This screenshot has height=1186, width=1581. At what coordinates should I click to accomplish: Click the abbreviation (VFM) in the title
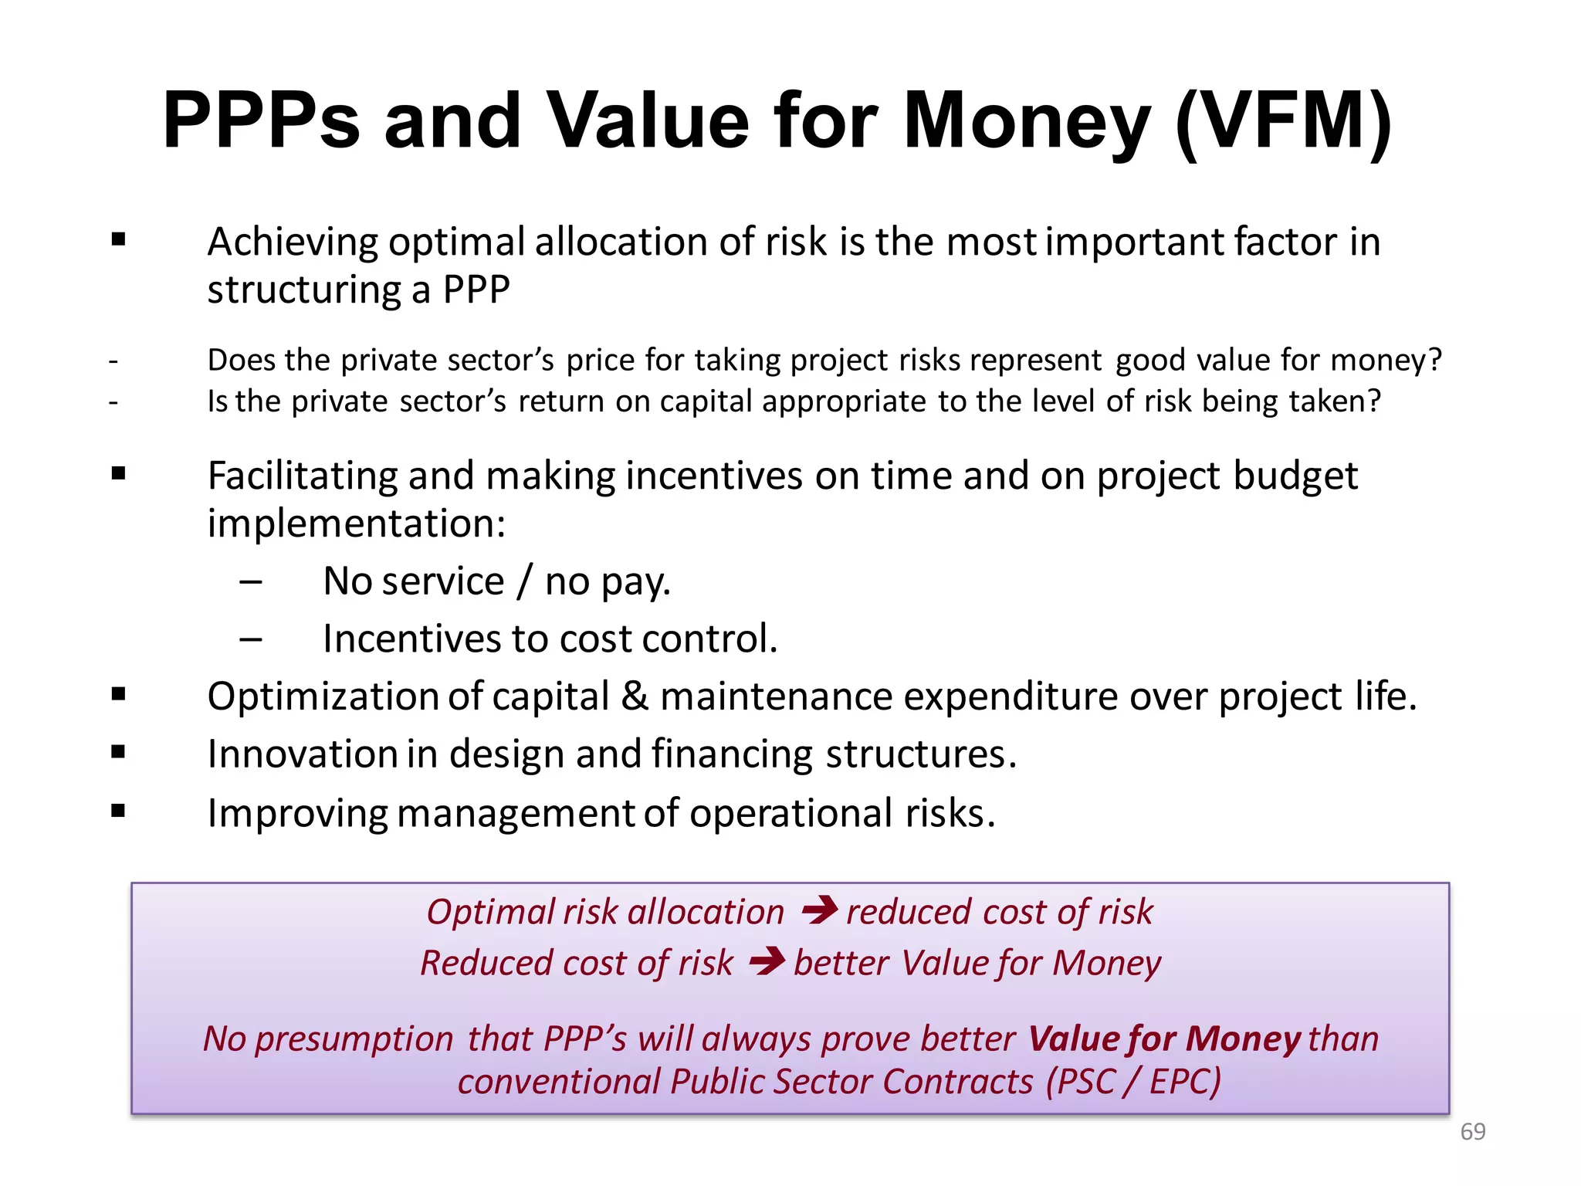click(x=1282, y=121)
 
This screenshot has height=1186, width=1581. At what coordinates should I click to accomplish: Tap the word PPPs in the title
click(x=261, y=121)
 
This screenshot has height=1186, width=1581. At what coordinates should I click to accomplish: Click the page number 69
click(x=1472, y=1131)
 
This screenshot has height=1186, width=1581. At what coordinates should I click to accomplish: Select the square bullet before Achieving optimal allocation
click(x=118, y=239)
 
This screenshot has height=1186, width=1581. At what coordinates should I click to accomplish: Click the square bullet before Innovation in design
click(x=118, y=752)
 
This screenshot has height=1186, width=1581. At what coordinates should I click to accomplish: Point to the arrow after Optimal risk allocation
click(x=819, y=910)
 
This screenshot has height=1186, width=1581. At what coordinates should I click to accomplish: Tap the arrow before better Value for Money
click(x=767, y=961)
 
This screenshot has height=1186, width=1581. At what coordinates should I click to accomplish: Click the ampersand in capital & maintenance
click(x=635, y=696)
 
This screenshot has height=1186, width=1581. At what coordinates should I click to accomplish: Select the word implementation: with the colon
click(x=357, y=524)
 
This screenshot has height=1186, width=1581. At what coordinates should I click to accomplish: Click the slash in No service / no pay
click(x=524, y=581)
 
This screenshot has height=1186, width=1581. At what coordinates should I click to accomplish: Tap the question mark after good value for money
click(x=1434, y=360)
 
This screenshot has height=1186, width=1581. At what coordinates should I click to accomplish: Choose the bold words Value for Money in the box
click(x=1165, y=1039)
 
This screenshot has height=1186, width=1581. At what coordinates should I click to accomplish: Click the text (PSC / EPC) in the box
click(x=1133, y=1081)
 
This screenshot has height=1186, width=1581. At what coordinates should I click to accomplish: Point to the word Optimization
click(x=324, y=696)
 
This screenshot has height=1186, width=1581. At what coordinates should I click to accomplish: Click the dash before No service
click(x=250, y=581)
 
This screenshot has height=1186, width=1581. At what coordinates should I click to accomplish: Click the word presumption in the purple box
click(x=354, y=1039)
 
